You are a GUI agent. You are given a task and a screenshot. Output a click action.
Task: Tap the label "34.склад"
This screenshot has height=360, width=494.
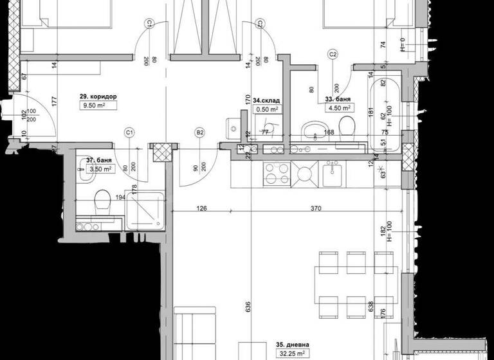pyautogui.click(x=266, y=101)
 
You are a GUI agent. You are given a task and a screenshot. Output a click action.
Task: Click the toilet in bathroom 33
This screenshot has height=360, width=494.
pyautogui.click(x=345, y=125)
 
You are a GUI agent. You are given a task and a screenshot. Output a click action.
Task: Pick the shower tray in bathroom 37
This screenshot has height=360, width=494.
pyautogui.click(x=145, y=210)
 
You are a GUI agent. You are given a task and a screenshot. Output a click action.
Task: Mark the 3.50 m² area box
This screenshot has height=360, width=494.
pyautogui.click(x=100, y=170)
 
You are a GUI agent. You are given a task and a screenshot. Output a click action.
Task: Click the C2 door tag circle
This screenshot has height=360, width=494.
pyautogui.click(x=333, y=54)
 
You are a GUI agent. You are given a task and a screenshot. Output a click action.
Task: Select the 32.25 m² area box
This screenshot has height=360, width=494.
pyautogui.click(x=292, y=353)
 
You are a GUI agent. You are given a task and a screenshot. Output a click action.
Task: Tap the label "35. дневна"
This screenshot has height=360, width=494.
pyautogui.click(x=292, y=343)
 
